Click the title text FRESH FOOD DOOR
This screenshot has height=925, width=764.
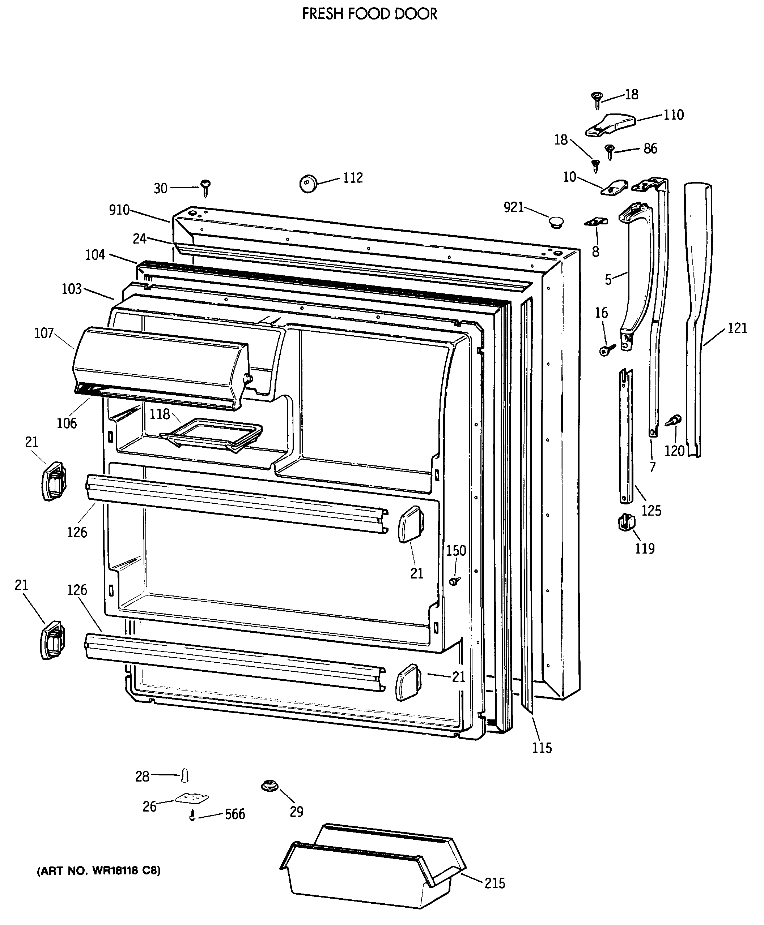click(370, 14)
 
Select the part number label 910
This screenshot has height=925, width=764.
click(119, 210)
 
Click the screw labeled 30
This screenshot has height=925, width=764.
click(205, 188)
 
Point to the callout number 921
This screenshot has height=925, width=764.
click(514, 207)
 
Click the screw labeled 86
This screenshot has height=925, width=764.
click(610, 152)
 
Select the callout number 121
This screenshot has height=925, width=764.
click(737, 328)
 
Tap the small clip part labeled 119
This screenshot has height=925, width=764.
click(626, 522)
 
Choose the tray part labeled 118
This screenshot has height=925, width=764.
click(211, 434)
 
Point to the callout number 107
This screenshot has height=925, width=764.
click(44, 333)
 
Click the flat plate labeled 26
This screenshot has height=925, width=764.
click(192, 798)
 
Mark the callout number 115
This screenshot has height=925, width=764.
click(542, 747)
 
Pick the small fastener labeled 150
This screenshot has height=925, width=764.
click(455, 581)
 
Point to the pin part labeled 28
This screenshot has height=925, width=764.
click(185, 775)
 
